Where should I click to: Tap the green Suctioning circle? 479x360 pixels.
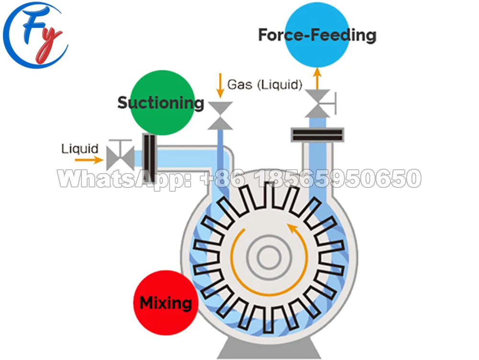coord(162,102)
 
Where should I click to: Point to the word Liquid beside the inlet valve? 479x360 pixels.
coord(80,149)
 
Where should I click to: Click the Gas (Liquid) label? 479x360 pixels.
coord(264,85)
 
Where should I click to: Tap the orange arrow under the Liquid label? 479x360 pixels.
coord(89,160)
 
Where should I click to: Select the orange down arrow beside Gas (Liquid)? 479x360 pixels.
coord(220,84)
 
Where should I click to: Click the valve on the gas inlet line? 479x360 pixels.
coord(220,116)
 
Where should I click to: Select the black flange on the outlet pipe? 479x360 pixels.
coord(318,135)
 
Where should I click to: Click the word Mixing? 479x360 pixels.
coord(165,303)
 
